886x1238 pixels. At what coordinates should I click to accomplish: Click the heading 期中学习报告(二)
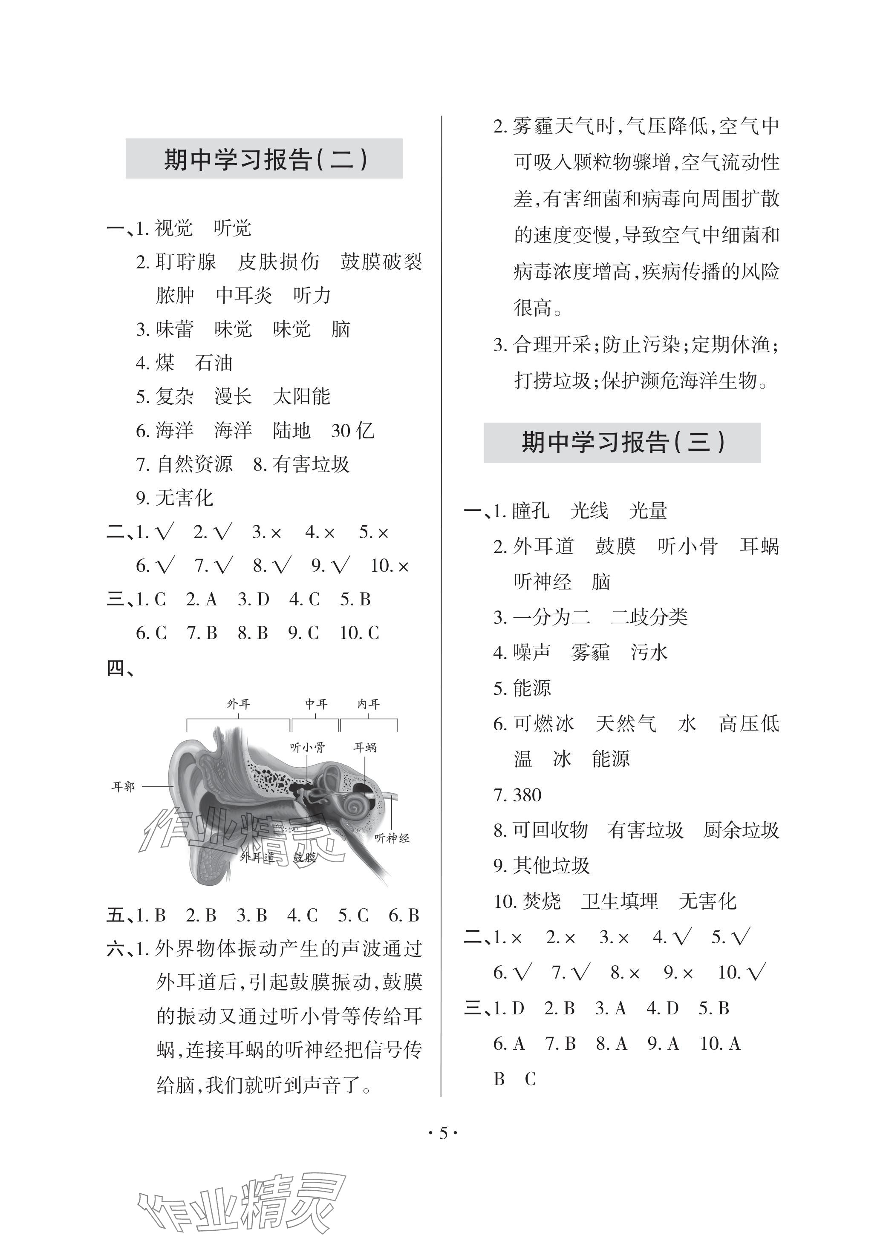(265, 159)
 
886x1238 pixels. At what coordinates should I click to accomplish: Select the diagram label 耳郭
(123, 786)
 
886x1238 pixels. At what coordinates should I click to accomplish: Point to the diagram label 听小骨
(307, 748)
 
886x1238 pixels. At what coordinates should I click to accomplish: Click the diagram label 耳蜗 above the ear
(364, 748)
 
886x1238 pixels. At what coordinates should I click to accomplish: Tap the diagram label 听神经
(392, 838)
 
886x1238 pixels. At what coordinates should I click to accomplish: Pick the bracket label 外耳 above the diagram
(238, 704)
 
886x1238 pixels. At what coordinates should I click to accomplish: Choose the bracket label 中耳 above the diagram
(316, 704)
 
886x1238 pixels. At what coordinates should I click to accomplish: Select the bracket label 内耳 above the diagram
(368, 704)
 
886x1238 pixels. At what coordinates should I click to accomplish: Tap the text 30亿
(352, 431)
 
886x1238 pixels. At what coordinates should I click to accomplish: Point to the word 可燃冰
(543, 724)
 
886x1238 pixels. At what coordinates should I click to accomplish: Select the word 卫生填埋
(619, 901)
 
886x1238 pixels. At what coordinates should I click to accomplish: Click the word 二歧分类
(649, 617)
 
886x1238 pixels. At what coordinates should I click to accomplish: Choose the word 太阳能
(302, 397)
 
